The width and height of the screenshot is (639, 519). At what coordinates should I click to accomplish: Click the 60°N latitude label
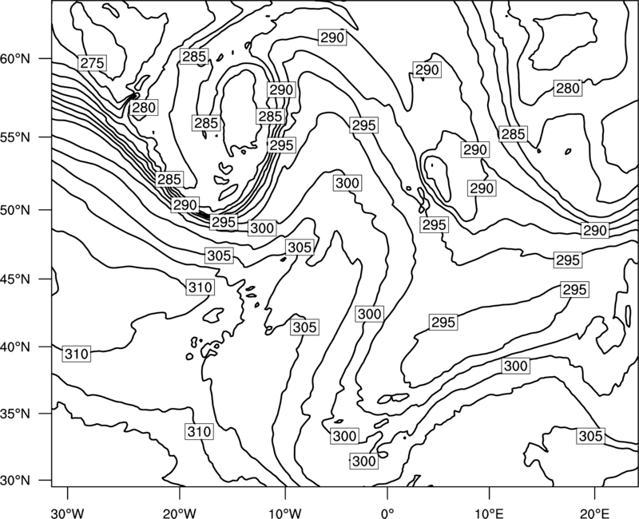pos(15,59)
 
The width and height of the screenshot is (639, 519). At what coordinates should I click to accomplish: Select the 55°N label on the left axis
pos(15,137)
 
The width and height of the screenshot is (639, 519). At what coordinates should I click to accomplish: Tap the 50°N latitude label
pos(15,210)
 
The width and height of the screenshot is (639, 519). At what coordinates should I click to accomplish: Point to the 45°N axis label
pos(15,279)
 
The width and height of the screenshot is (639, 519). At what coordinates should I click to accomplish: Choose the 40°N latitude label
pos(15,347)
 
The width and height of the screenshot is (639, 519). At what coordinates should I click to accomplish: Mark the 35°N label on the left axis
pos(15,414)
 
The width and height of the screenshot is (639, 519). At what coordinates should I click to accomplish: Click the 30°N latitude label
pos(15,481)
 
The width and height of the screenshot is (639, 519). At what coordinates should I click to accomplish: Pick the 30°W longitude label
pos(67,513)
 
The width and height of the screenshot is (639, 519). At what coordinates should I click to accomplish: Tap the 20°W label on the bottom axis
pos(179,513)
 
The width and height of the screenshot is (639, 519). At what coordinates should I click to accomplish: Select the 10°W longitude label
pos(285,513)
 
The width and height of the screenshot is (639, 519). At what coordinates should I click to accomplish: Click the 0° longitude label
pos(387,513)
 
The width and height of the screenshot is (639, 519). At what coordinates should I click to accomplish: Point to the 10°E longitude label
pos(490,513)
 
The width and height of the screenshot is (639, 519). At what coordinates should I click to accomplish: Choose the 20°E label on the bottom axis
pos(595,513)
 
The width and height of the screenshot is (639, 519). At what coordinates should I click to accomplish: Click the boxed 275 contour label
pos(93,63)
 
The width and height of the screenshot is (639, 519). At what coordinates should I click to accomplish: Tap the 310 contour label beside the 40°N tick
pos(77,354)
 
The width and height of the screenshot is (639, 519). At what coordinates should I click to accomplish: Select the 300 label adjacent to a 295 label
pos(262,228)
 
